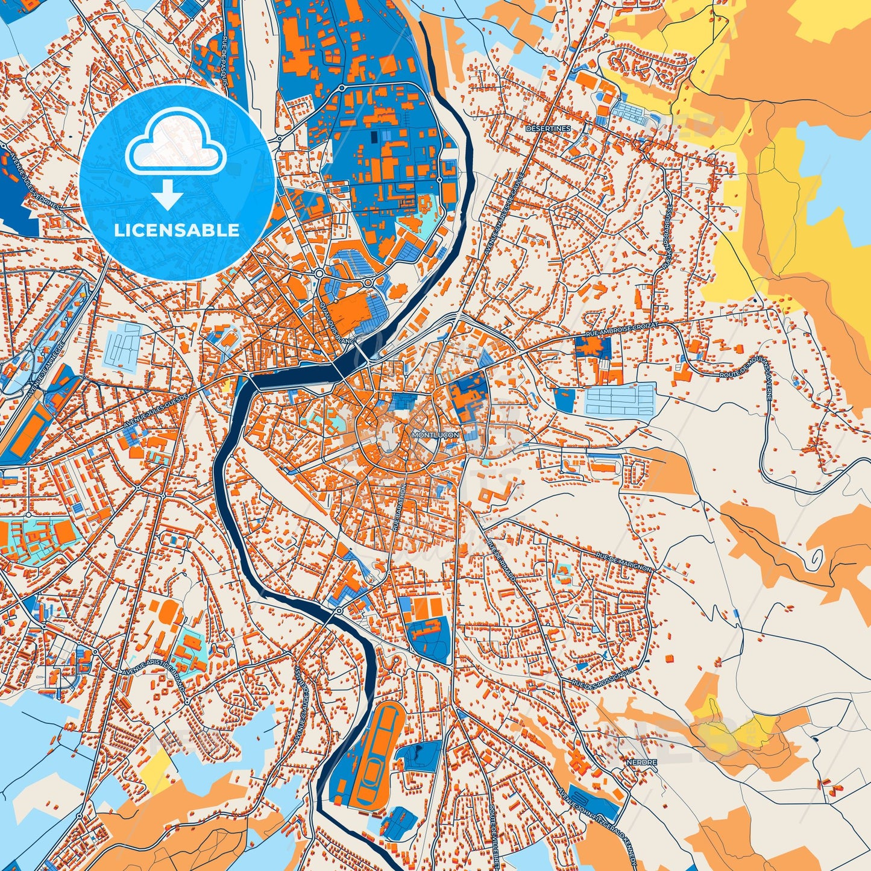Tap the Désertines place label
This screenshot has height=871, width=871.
[x=547, y=128]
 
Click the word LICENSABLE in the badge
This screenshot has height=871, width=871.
[x=177, y=230]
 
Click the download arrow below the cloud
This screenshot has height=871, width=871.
[x=168, y=196]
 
